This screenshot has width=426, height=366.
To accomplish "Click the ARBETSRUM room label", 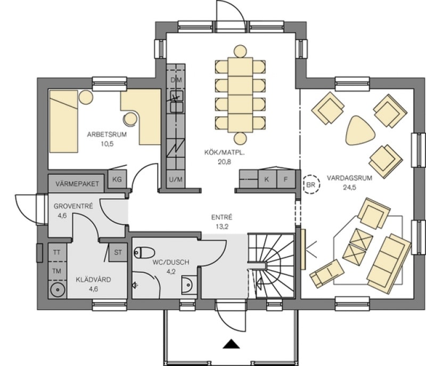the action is coord(107,134).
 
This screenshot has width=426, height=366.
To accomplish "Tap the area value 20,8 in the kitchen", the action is coord(224,162).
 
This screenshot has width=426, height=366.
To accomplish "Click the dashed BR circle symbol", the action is coord(311,185).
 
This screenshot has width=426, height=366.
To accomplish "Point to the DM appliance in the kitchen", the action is coord(176,80).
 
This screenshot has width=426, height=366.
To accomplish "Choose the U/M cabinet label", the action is coord(176,180).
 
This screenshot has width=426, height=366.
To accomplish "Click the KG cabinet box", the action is coord(117,179).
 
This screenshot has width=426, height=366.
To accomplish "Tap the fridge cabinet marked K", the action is coord(267,179).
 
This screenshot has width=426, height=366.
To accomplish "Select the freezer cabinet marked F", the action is coord(286,179).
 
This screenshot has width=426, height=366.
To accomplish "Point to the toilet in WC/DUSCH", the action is coord(144,253).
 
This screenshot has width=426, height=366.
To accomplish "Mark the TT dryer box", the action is coord(57,253).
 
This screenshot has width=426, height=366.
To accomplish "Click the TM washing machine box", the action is coord(57,271).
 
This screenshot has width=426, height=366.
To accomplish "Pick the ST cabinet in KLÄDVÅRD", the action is coord(118,253).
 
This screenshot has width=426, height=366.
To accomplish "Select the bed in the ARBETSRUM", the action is coord(63,121).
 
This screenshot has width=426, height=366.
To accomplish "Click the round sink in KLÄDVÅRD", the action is coord(58,290).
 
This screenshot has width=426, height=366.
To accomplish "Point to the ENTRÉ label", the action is coord(222,217).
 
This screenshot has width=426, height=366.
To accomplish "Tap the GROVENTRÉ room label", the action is coord(73,206).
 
